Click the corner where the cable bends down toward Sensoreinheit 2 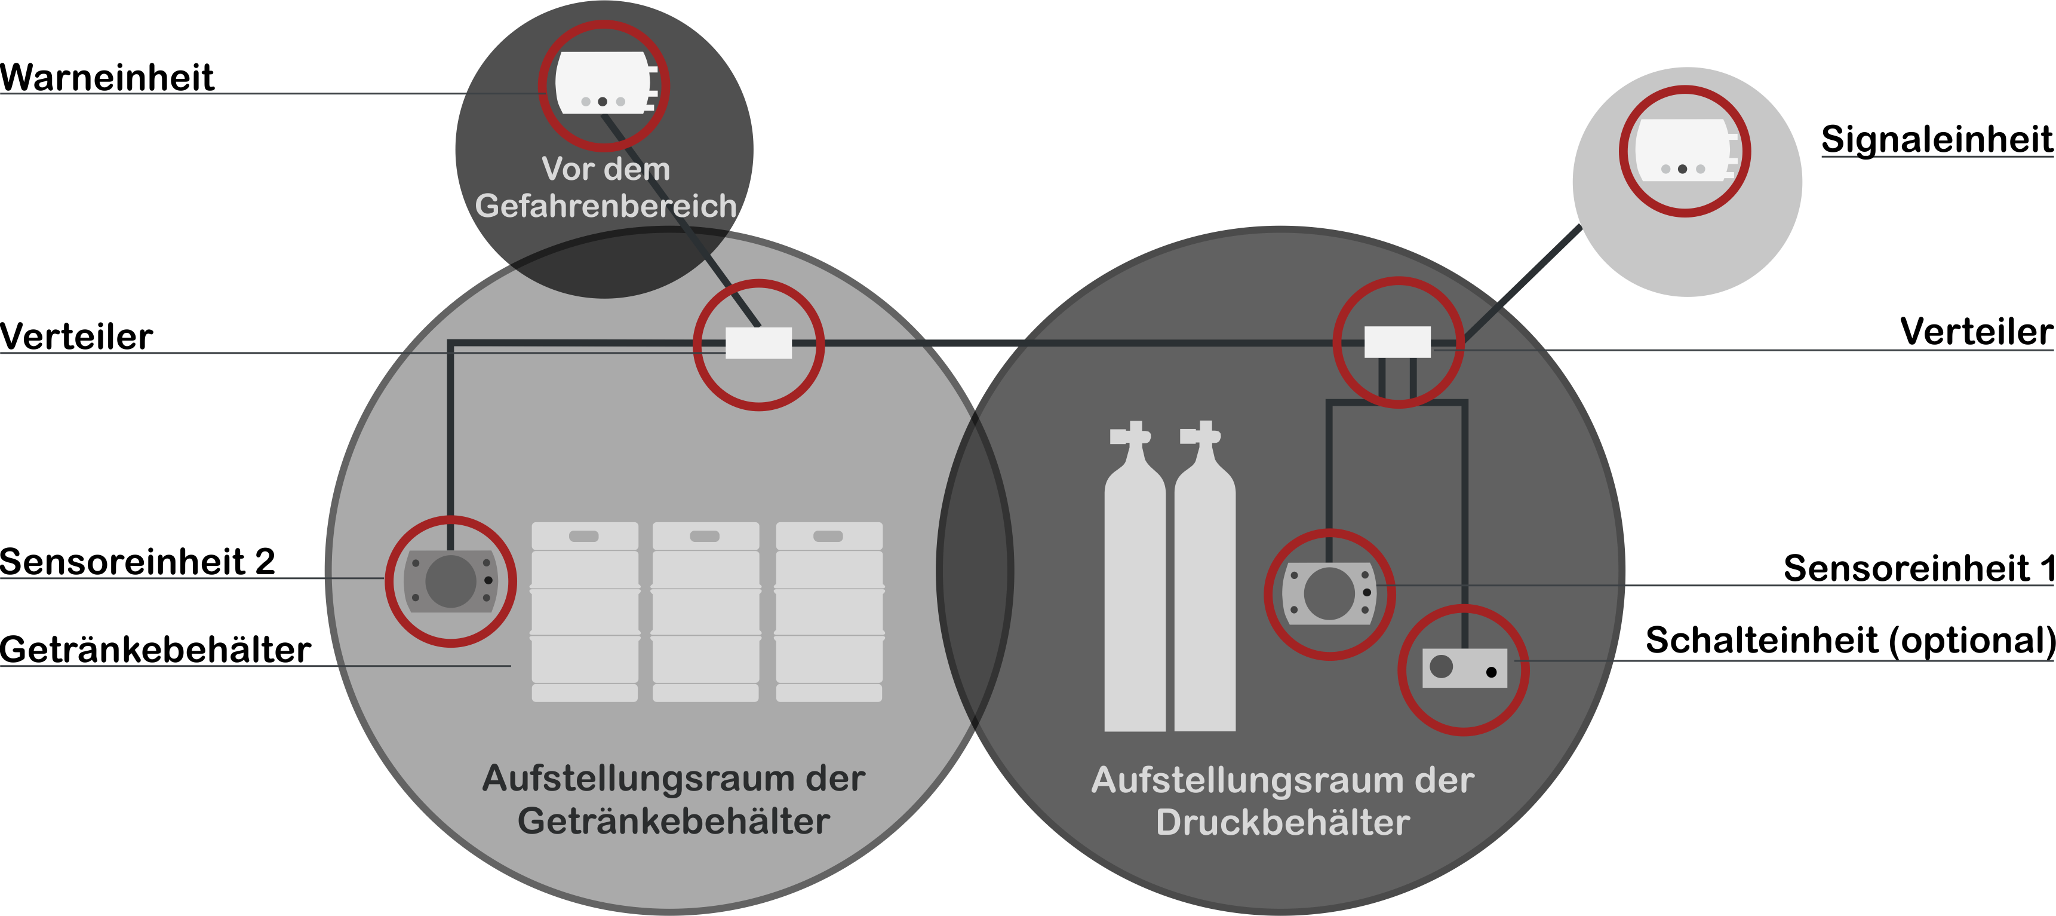tap(451, 344)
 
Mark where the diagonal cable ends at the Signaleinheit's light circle tap(1579, 227)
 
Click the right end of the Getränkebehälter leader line tap(511, 665)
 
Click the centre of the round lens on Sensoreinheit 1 tap(1329, 593)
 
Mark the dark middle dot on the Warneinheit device tap(603, 102)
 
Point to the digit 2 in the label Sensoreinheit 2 tap(265, 562)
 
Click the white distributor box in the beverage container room tap(758, 344)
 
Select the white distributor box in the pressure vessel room tap(1397, 342)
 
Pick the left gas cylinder tap(1134, 577)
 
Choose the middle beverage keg tap(706, 612)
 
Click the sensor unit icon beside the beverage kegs tap(451, 581)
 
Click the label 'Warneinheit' tap(107, 78)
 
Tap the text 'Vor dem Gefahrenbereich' tap(606, 188)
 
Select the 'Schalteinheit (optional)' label tap(1850, 641)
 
